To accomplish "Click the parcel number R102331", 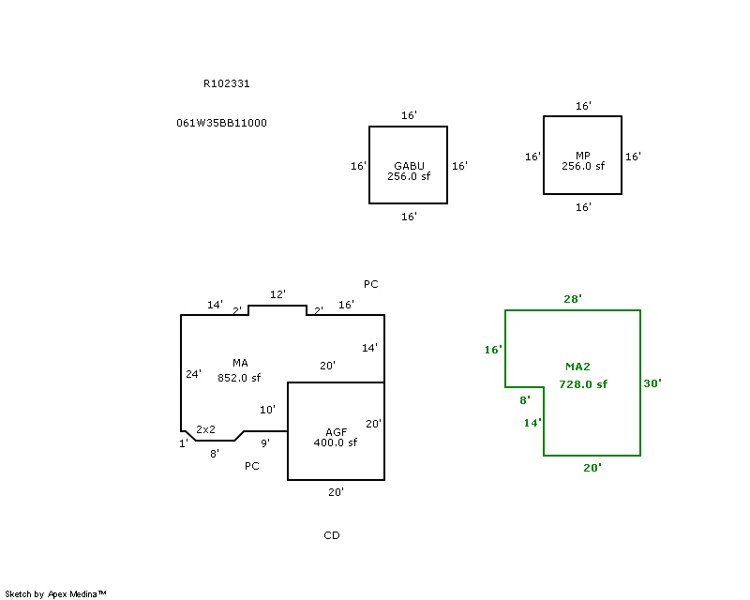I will point(226,83).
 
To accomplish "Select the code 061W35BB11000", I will point(221,123).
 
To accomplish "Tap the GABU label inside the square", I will point(409,166).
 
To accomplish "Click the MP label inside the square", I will point(583,156).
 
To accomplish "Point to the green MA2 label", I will point(577,367).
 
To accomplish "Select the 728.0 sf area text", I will point(583,384).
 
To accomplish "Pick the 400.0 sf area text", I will point(335,442).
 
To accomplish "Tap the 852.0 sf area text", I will point(239,378).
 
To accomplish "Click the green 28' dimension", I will point(573,299).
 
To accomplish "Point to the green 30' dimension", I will point(652,383).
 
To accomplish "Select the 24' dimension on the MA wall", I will point(193,374).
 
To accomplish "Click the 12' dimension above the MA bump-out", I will point(277,294).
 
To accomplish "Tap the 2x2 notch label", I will point(205,429).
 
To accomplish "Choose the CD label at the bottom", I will point(331,535).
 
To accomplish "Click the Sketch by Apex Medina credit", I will point(56,593).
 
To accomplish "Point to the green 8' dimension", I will point(524,400).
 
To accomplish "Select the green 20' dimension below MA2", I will point(592,467).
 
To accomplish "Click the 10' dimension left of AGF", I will point(267,410).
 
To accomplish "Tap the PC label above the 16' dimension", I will point(371,284).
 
